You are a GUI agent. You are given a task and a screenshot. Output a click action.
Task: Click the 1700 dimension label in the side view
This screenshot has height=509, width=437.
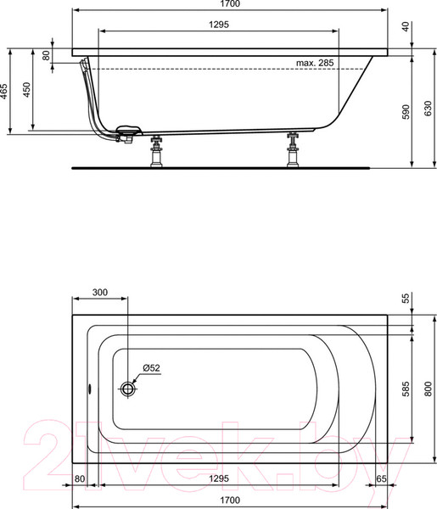(x=230, y=3)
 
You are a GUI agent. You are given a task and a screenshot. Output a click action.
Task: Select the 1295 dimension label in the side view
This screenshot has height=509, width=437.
(x=219, y=25)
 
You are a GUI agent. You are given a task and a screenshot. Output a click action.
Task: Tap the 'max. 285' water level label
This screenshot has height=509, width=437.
(x=315, y=63)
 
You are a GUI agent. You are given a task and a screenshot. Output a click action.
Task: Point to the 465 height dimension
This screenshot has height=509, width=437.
(x=3, y=92)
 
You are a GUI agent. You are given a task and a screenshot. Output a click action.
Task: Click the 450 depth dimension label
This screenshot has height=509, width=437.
(x=26, y=89)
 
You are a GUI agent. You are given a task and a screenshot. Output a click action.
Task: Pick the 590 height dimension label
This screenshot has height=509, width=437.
(x=406, y=112)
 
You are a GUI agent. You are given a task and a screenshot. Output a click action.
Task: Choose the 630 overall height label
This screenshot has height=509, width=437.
(x=429, y=108)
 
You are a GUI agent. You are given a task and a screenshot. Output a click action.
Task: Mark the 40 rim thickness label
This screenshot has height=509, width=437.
(x=406, y=26)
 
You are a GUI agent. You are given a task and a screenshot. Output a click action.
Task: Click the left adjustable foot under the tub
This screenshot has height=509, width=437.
(x=156, y=151)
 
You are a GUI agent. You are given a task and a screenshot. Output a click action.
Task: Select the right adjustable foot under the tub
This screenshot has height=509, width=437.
(x=293, y=150)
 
